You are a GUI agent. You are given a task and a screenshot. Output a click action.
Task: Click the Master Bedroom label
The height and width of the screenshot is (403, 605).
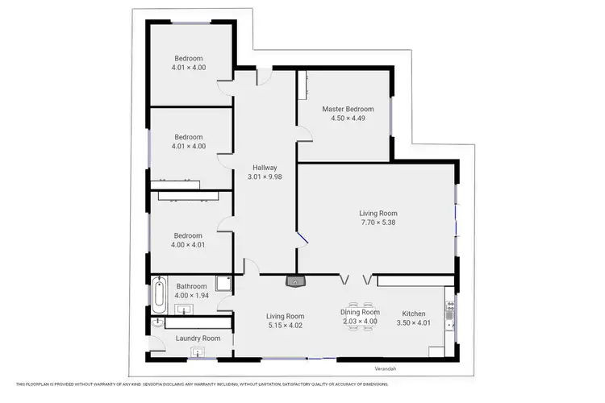coord(348,109)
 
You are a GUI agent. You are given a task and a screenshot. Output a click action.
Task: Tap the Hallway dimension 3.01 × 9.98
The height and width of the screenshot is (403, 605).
coord(265,177)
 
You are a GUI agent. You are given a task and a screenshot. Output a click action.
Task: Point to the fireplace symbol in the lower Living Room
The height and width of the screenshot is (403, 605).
coord(297,281)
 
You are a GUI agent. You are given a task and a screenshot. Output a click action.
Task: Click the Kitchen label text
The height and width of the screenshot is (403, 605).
coord(403,314)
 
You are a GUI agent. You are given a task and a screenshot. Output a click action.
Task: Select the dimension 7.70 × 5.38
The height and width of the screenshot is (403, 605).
coord(378,222)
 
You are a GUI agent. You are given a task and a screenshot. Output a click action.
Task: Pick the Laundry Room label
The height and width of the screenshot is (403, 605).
coord(198,339)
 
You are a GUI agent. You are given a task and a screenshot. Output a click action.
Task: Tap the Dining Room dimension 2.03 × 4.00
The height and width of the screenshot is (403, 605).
coord(360,322)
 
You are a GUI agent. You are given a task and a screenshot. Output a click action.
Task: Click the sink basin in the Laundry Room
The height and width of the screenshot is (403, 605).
coord(196,351)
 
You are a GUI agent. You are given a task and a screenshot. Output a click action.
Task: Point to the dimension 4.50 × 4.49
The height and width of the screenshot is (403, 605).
coord(348,118)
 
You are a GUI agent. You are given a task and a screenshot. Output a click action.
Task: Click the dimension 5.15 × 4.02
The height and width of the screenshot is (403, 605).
coord(286,326)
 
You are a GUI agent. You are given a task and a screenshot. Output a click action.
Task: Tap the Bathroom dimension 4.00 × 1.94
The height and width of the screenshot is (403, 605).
coord(191,296)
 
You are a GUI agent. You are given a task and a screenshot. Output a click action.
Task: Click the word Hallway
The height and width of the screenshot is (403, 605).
coord(265,168)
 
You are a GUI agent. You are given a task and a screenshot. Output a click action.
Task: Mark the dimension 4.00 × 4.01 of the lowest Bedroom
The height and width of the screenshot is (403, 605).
coord(189,245)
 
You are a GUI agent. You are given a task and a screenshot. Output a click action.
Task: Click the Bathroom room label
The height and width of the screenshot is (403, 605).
coord(191,286)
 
